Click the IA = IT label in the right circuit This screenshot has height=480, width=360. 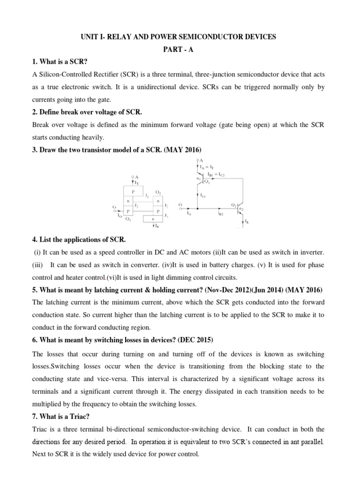tap(205, 167)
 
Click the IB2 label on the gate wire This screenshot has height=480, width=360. tap(220, 212)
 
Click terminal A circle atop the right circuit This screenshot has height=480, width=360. tap(197, 160)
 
